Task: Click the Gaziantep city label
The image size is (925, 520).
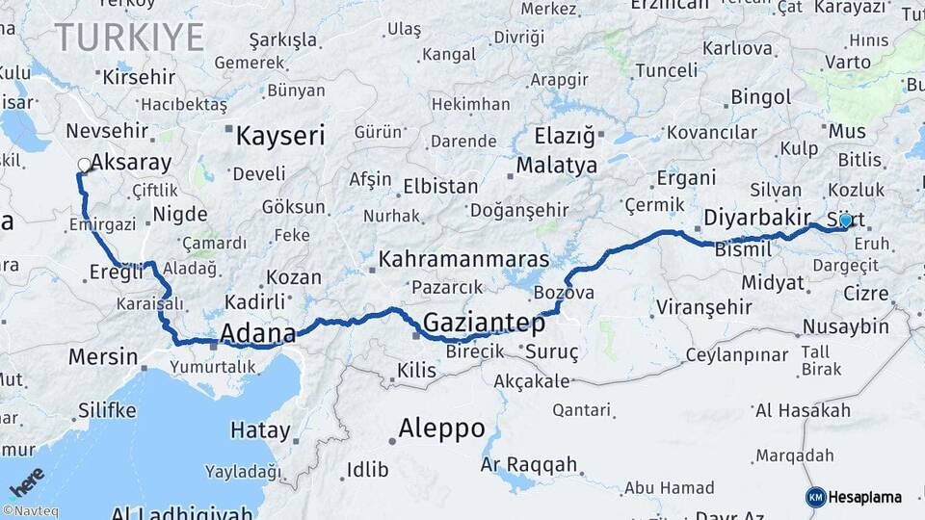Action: point(484,323)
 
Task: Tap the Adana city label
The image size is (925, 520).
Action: point(257,333)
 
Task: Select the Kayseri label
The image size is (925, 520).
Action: point(280,135)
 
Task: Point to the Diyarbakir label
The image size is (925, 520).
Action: point(757,217)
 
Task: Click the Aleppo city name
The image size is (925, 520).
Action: point(442,429)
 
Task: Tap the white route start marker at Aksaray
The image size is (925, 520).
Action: point(84,166)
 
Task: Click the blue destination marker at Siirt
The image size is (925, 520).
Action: point(845,221)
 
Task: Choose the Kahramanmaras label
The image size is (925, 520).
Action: point(463,259)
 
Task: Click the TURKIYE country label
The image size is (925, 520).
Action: point(129,39)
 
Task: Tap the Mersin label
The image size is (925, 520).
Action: point(103,356)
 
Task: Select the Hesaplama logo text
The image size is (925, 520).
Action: point(865,497)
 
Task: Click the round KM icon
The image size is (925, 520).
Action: point(815,497)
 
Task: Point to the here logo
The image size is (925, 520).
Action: point(27,481)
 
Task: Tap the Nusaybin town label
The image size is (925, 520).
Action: point(845,326)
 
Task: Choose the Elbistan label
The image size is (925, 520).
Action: point(440,186)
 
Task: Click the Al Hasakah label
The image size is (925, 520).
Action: point(803,411)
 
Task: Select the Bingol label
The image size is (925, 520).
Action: point(761,97)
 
